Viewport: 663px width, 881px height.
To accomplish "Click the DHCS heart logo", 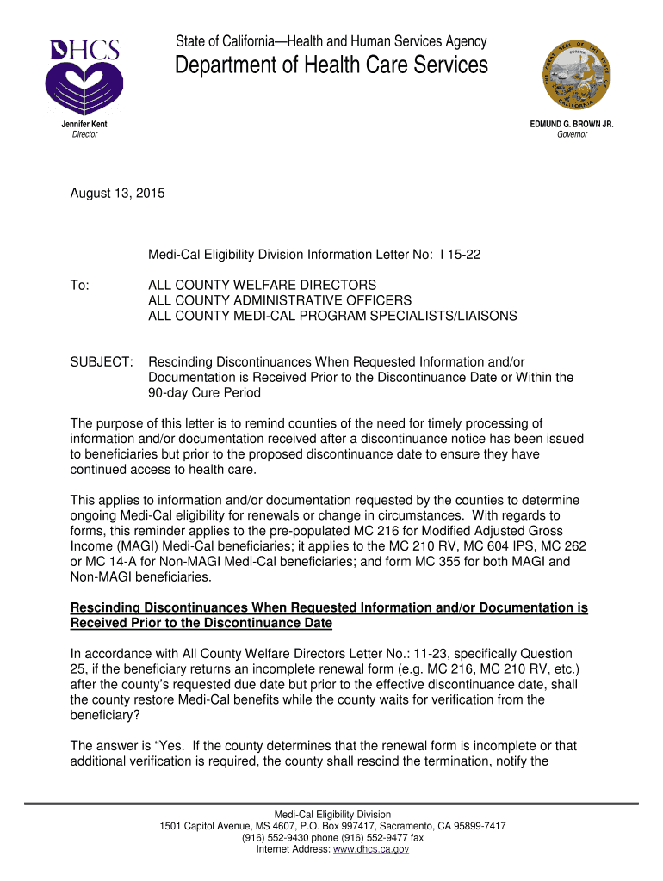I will [84, 77].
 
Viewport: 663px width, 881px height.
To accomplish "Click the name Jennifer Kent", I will [84, 125].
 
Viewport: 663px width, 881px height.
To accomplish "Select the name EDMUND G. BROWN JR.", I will [572, 125].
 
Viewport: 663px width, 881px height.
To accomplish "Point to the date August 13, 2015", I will [116, 195].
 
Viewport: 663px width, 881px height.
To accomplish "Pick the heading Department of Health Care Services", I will [331, 65].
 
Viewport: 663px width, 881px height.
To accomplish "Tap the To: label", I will [80, 285].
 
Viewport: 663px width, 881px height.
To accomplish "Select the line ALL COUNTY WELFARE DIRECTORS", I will [263, 285].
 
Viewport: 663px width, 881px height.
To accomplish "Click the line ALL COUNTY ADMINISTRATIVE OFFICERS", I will [280, 300].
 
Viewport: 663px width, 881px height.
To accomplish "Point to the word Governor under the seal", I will [572, 135].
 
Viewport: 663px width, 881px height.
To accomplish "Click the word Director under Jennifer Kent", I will [84, 135].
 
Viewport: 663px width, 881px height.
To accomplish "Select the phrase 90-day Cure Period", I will [204, 393].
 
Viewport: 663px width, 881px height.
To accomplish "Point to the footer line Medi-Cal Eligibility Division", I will [332, 814].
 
